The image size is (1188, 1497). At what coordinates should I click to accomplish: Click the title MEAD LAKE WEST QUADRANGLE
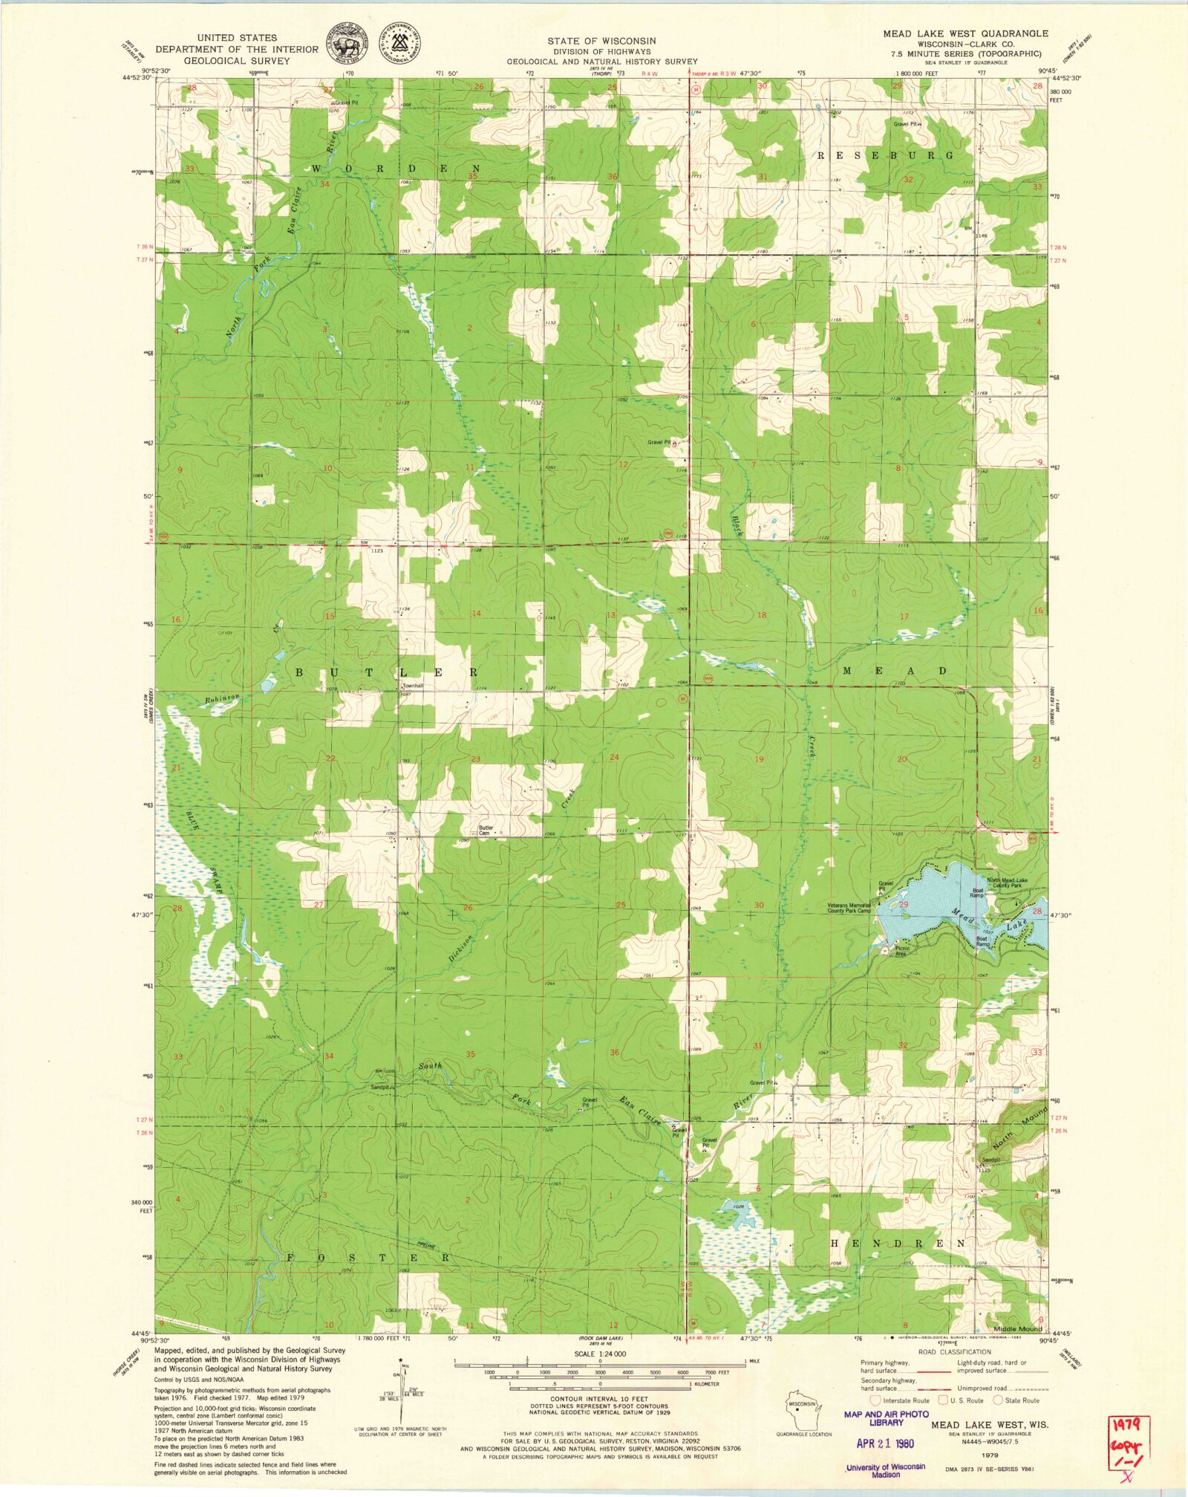(x=965, y=33)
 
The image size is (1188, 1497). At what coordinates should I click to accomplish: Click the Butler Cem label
(x=486, y=830)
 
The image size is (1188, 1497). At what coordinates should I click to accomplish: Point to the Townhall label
(x=412, y=686)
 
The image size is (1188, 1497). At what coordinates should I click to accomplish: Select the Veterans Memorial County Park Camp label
(x=849, y=908)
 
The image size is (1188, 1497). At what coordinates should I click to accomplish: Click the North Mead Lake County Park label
(x=1007, y=883)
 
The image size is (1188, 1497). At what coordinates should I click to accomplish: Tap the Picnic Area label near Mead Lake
(x=901, y=951)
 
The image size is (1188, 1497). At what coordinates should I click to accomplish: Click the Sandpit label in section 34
(x=380, y=1087)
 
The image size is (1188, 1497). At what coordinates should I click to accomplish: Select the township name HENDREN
(x=898, y=1243)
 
